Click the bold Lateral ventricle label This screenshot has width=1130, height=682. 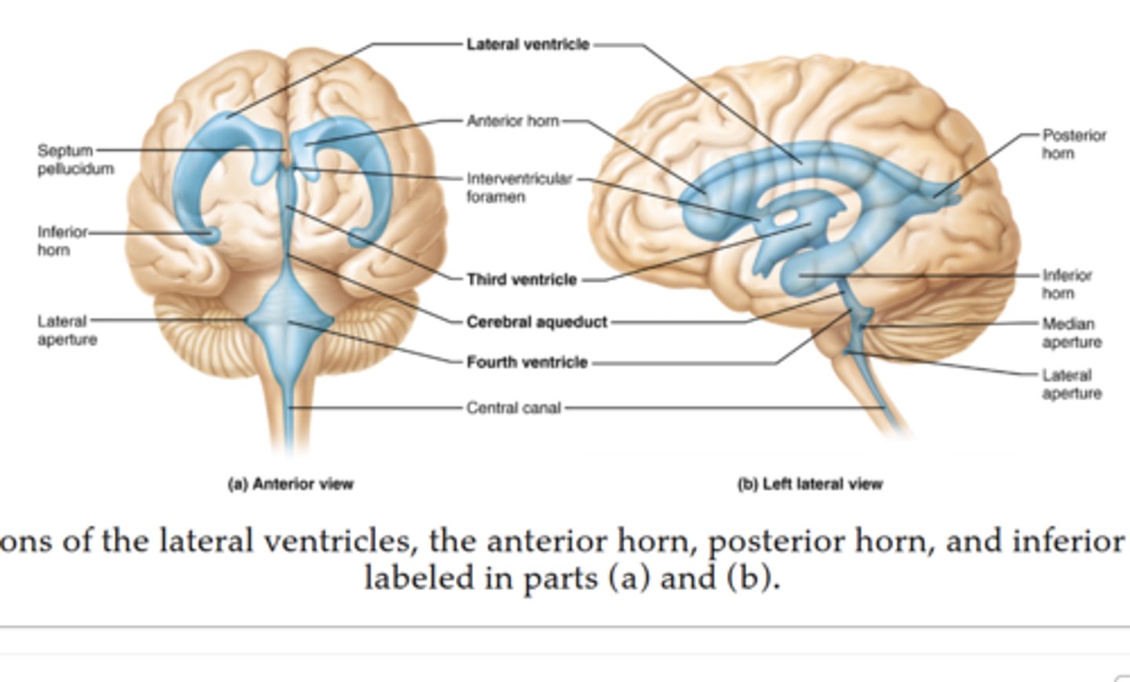coord(527,45)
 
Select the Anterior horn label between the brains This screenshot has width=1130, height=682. coord(512,121)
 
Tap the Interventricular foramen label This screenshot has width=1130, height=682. coord(519,188)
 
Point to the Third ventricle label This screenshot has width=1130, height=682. coord(521,279)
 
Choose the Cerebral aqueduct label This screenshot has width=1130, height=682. coord(537,322)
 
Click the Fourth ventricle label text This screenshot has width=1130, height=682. coord(527,363)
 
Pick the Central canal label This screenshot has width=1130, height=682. coord(513,408)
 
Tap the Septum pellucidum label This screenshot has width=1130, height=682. coord(75,159)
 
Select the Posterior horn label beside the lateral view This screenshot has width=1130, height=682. coord(1073,144)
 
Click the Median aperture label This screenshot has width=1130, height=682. coord(1071,333)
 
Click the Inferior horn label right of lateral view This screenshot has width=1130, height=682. coord(1066,284)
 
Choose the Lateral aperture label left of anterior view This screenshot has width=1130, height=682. coord(67,330)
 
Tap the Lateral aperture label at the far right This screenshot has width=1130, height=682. coord(1071,384)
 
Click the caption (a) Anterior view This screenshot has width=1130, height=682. coord(290,484)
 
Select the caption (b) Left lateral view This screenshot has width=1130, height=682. coord(809,484)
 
